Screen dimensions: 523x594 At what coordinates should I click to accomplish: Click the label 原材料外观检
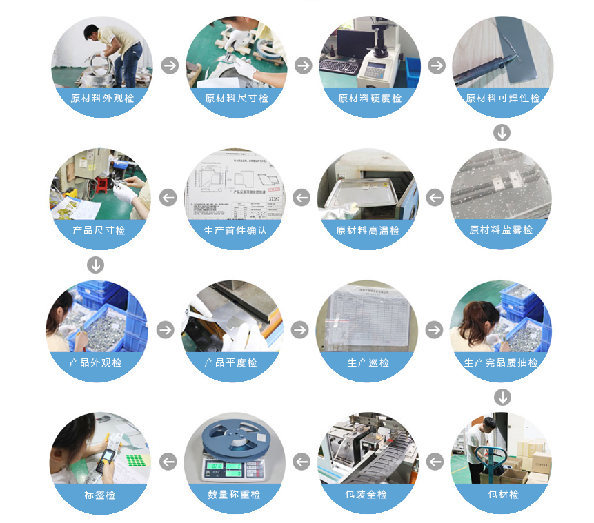[102, 98]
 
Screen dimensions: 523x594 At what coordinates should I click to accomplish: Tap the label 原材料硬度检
[369, 98]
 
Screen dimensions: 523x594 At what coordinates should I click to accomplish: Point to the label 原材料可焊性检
[503, 98]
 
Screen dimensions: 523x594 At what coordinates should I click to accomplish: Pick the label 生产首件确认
[235, 230]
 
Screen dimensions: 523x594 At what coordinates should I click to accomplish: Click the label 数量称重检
[235, 494]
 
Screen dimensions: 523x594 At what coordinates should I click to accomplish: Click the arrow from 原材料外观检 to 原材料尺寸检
[170, 65]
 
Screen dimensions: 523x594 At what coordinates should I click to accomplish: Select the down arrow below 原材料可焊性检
[502, 132]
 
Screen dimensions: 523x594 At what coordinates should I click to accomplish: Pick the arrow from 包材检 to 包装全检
[435, 462]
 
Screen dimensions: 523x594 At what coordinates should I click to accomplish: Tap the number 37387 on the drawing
[274, 199]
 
